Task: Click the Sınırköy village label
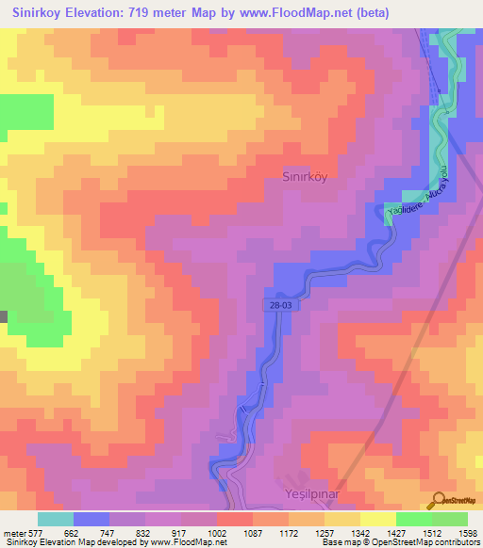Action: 305,175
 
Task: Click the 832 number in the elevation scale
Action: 144,532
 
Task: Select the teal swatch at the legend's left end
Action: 56,519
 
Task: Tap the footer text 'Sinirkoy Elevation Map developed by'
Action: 67,542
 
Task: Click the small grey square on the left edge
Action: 3,317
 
